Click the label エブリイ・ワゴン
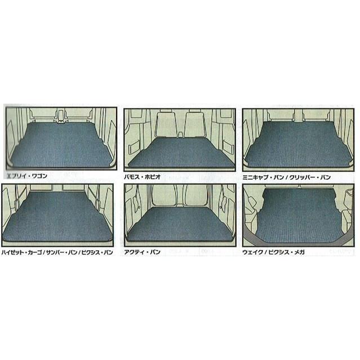[x=27, y=176]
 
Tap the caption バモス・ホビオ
[x=143, y=177]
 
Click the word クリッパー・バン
[x=310, y=177]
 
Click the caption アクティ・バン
[x=142, y=252]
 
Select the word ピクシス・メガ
[x=287, y=252]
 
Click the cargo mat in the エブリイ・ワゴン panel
[x=61, y=145]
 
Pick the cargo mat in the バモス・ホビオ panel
[x=181, y=152]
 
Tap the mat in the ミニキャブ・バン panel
[x=298, y=145]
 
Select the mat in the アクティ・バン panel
[x=180, y=224]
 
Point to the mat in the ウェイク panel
[x=299, y=216]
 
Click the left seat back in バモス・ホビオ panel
[x=165, y=125]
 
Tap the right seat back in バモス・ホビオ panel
[x=195, y=125]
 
